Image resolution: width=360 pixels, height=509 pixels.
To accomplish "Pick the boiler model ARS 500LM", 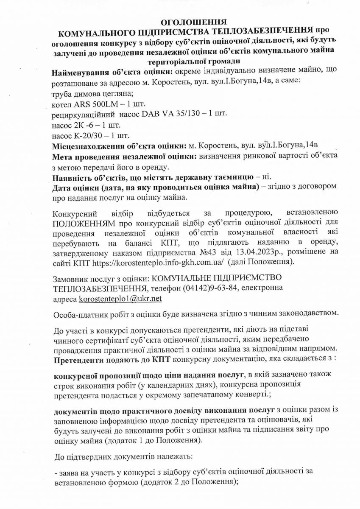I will pyautogui.click(x=94, y=103).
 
